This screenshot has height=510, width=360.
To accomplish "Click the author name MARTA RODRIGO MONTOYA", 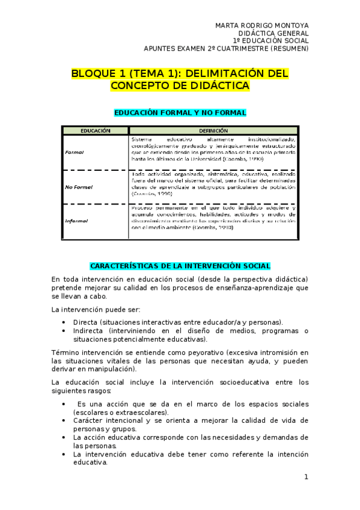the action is click(261, 25).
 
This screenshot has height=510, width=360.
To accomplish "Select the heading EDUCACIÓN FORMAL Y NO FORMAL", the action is click(180, 112).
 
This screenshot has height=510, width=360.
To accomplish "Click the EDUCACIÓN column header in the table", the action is click(96, 130).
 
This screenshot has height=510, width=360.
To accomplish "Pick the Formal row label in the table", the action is click(75, 152).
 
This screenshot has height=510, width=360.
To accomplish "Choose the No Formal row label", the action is click(79, 187).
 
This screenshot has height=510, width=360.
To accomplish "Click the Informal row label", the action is click(76, 221).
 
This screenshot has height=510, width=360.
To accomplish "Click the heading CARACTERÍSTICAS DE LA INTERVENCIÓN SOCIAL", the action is click(180, 265).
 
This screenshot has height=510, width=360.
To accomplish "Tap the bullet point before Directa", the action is click(64, 322).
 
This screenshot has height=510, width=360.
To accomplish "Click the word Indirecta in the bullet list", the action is click(91, 331).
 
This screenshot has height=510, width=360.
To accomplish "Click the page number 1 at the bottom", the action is click(306, 477).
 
